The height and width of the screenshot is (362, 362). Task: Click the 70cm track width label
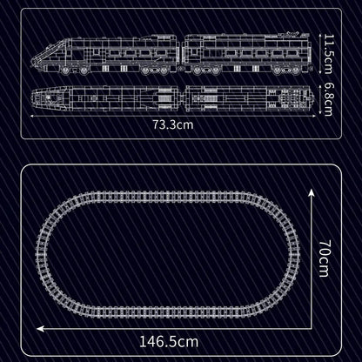pyautogui.click(x=323, y=260)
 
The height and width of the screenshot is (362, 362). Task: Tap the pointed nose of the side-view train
pyautogui.click(x=32, y=61)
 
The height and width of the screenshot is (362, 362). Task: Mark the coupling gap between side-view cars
pyautogui.click(x=182, y=54)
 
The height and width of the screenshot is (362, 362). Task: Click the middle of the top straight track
pyautogui.click(x=167, y=191)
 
